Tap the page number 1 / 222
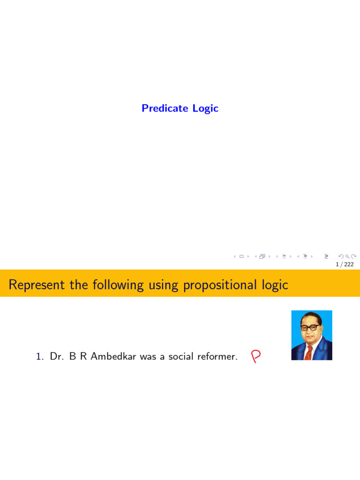(x=345, y=264)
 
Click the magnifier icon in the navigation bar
(x=347, y=256)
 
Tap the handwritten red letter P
(x=255, y=357)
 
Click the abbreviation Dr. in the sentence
(x=57, y=357)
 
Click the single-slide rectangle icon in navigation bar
(x=241, y=256)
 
